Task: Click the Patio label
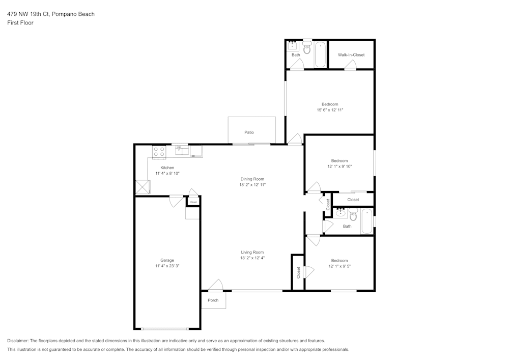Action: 249,132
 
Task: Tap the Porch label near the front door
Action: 213,300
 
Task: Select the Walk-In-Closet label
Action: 351,55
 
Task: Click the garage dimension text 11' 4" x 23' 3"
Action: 167,266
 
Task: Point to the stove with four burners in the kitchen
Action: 159,151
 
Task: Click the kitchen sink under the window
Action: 182,150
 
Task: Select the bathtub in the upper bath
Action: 320,55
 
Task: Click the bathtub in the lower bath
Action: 367,221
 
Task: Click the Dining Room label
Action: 252,179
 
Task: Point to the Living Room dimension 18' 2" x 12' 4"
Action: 252,258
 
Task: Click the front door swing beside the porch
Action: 216,285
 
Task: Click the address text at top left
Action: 51,14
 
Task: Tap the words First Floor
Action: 20,23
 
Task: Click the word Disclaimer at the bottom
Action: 18,341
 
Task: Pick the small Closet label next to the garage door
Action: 193,202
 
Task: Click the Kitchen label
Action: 167,168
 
